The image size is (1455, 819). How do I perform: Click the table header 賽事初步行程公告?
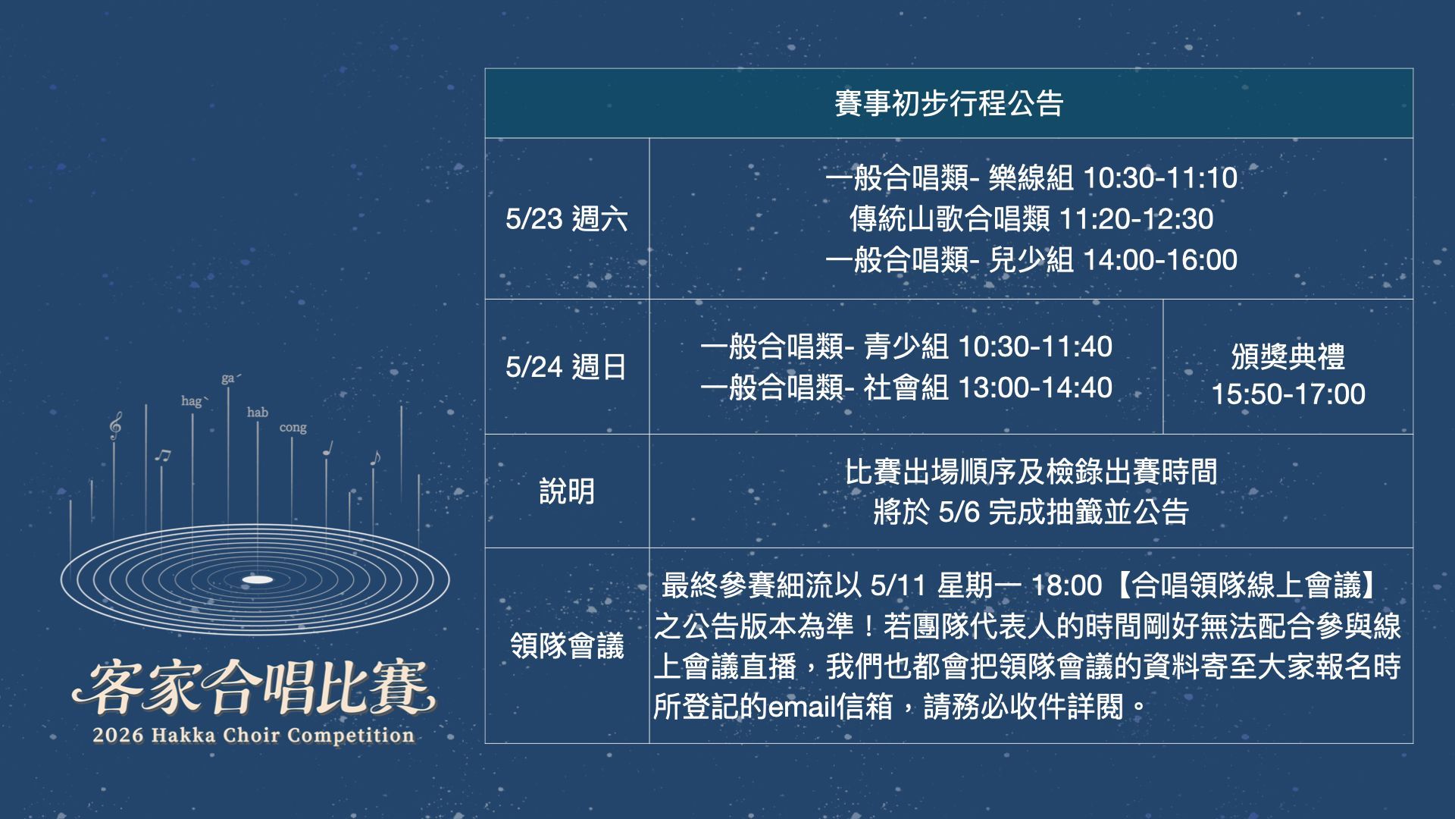(x=949, y=103)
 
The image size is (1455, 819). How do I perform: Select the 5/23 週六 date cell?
(x=567, y=219)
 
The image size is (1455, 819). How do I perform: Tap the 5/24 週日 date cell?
(x=567, y=367)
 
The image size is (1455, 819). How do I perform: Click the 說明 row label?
(x=567, y=491)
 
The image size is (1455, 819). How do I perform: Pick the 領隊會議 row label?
(x=567, y=646)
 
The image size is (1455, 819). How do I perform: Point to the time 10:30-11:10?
(x=1160, y=178)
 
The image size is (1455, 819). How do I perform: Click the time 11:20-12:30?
(x=1136, y=219)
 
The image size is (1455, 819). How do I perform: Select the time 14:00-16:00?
(x=1160, y=260)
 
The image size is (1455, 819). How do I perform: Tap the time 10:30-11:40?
(x=1035, y=347)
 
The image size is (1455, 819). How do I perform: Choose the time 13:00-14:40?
(x=1035, y=388)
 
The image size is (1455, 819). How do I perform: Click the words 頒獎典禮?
(x=1288, y=356)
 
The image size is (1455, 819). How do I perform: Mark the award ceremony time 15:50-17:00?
(x=1288, y=394)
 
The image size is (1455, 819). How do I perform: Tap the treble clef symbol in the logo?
(x=115, y=426)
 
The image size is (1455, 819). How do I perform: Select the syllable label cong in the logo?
(x=293, y=428)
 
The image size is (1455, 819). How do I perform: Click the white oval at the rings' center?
(x=257, y=580)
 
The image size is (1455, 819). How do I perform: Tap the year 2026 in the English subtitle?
(x=117, y=735)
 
